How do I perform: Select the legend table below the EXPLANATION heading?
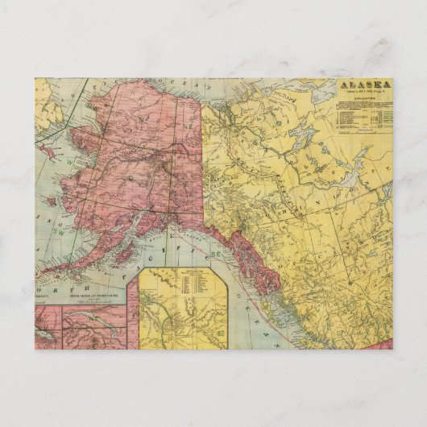[362, 118]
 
